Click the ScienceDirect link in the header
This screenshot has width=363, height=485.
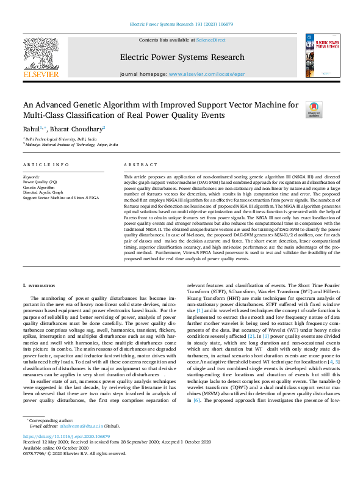212,40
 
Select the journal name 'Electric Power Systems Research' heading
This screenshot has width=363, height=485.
182,58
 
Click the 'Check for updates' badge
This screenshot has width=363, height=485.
314,109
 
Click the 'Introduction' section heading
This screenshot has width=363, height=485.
40,286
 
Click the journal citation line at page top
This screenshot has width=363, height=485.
181,24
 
